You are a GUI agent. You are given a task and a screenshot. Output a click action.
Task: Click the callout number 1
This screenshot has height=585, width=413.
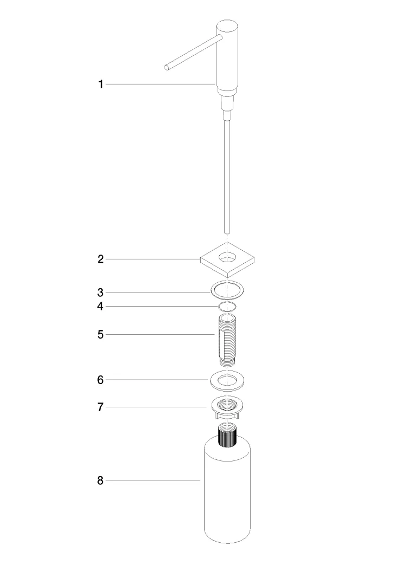click(100, 84)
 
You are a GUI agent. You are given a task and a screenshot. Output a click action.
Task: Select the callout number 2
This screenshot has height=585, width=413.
click(100, 259)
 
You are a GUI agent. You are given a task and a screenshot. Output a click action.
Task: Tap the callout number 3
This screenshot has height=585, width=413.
click(100, 292)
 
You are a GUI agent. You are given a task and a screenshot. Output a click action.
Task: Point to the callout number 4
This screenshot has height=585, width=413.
click(100, 307)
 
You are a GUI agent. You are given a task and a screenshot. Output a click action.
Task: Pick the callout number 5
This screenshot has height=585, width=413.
click(100, 335)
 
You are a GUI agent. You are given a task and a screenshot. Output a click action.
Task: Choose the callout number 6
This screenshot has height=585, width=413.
click(100, 380)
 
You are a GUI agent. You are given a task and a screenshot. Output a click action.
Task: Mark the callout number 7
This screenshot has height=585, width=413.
click(100, 407)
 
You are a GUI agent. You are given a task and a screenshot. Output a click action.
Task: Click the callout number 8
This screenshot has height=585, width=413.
click(100, 480)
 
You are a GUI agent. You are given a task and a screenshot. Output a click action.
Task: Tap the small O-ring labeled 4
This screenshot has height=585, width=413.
click(228, 307)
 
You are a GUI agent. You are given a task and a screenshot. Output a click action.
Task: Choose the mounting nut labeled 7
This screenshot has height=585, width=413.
click(227, 408)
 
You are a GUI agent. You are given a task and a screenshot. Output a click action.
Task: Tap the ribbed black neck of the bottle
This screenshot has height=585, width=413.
click(228, 436)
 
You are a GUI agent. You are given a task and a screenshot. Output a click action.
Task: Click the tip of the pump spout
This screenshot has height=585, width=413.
click(167, 67)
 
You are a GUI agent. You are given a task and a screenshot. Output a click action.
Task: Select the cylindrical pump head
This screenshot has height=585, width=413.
click(227, 54)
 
